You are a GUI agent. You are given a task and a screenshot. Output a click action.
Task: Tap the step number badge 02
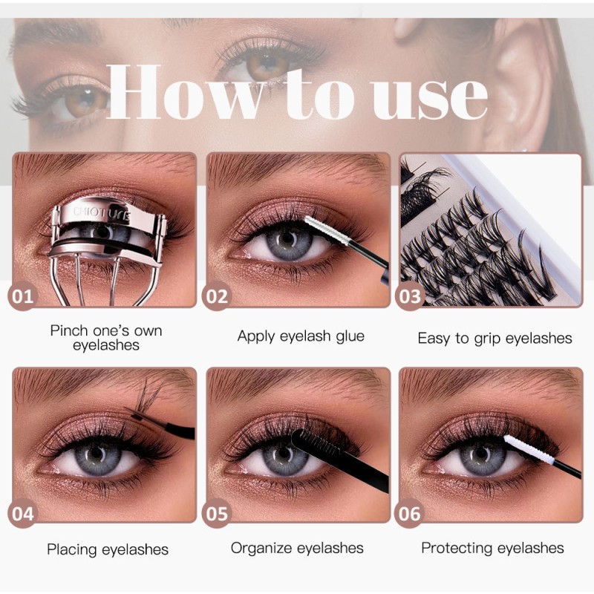point(217,298)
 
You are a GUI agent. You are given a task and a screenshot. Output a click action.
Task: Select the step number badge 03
point(411,298)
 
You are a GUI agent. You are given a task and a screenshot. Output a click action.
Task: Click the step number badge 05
point(218,514)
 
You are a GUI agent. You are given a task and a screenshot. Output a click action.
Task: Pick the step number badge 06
point(411,514)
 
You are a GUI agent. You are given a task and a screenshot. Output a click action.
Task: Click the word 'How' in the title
point(170,92)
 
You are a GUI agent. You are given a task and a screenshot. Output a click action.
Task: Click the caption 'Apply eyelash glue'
point(301,336)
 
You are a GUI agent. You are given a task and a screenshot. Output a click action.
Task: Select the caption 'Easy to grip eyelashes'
point(495,339)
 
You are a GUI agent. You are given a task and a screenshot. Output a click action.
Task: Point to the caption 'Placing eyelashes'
point(108,550)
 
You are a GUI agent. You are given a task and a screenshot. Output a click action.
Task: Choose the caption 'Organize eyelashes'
point(297,549)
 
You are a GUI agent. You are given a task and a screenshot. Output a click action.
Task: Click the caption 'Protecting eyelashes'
point(492,549)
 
